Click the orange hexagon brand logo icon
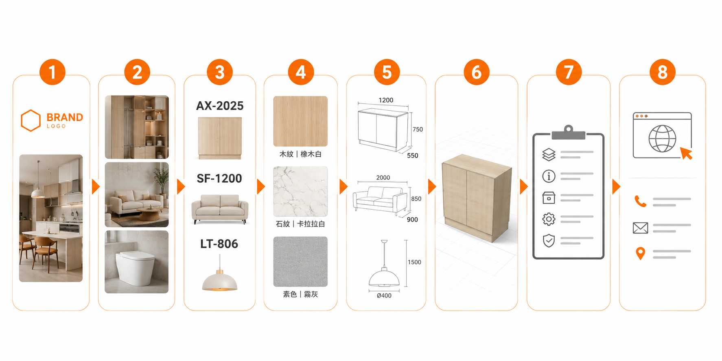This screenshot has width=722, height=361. [x=31, y=120]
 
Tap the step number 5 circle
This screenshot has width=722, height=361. [x=387, y=72]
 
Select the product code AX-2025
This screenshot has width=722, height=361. [x=220, y=106]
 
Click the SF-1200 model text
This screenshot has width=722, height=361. [x=219, y=178]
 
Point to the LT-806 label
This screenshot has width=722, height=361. [x=219, y=244]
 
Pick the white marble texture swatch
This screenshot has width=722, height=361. [x=300, y=191]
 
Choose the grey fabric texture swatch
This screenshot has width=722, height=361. [x=300, y=262]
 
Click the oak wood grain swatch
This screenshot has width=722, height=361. [x=300, y=121]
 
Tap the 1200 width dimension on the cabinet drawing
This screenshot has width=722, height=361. [x=386, y=100]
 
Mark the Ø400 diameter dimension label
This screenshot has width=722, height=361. [x=384, y=295]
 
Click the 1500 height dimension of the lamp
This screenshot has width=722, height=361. [x=414, y=262]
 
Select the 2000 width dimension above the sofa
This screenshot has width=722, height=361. [x=383, y=177]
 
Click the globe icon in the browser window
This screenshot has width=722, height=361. [x=662, y=139]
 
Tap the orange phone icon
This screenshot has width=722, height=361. [x=640, y=201]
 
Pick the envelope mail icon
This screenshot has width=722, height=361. [x=640, y=228]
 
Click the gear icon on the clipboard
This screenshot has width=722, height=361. [x=549, y=219]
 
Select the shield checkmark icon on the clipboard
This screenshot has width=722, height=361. [x=549, y=241]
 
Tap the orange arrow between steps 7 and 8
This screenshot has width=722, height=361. [x=616, y=187]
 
